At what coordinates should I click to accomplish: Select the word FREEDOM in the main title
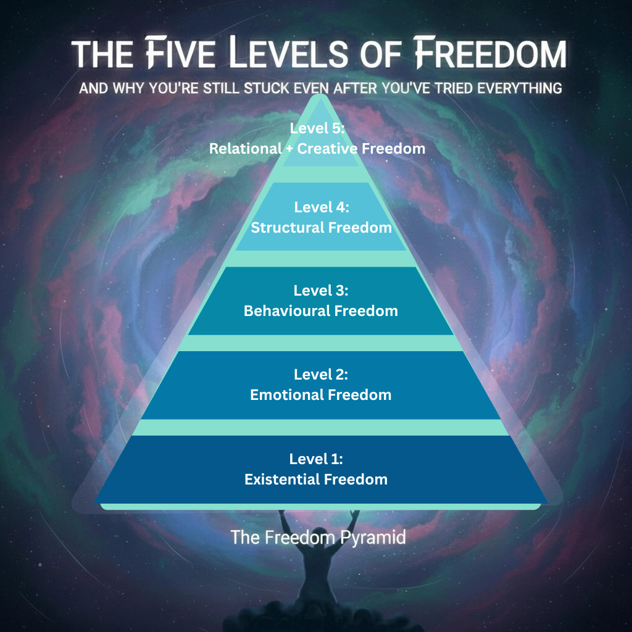[491, 52]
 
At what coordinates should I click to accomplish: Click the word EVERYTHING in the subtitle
[520, 88]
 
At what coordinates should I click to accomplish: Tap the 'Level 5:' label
[317, 128]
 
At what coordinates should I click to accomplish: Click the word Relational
[245, 149]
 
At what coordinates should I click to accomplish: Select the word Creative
[327, 149]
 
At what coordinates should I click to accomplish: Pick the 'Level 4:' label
[322, 207]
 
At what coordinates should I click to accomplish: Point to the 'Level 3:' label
[321, 291]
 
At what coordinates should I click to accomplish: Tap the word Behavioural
[287, 311]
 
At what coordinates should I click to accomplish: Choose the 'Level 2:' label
[321, 375]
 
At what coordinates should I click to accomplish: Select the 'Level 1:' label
[316, 459]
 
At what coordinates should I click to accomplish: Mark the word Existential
[282, 480]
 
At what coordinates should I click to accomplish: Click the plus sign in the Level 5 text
[289, 149]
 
